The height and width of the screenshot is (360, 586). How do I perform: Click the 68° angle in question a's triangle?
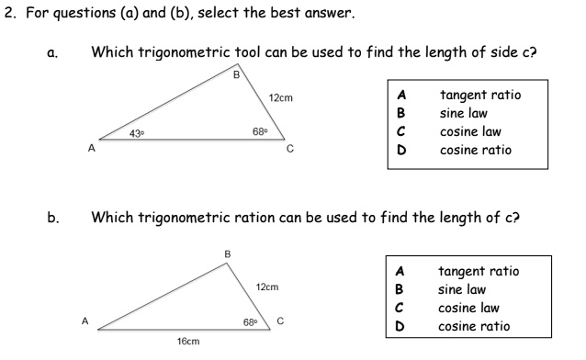(260, 134)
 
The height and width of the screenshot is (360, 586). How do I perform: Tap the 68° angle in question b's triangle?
(251, 321)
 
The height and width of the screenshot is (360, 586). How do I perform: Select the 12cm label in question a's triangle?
(280, 97)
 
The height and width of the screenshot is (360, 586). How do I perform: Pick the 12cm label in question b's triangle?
(267, 287)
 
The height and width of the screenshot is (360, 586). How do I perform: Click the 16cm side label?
(188, 341)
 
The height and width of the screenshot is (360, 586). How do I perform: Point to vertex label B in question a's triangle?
(236, 75)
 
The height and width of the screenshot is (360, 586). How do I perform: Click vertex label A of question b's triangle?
(85, 321)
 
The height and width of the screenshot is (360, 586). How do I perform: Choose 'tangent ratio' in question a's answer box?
(479, 96)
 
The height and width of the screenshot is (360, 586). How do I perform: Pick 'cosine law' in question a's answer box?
(470, 131)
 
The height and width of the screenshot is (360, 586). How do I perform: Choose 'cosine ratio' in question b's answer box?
(475, 326)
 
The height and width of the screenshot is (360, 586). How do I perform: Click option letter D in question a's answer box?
(401, 150)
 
